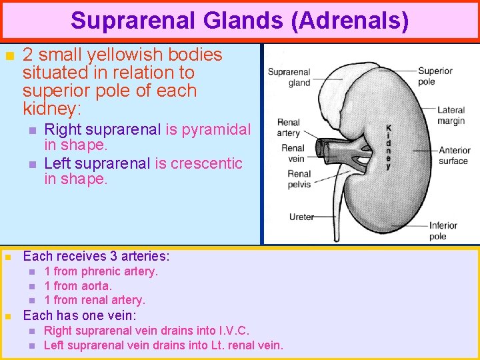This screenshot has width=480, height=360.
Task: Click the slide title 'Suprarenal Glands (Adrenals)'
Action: [x=240, y=20]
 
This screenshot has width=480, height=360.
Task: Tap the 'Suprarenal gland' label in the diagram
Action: [x=289, y=77]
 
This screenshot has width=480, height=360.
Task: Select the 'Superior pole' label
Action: [x=435, y=76]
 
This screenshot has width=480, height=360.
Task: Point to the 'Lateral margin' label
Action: [x=451, y=115]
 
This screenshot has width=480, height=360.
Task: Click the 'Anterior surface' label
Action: [x=454, y=155]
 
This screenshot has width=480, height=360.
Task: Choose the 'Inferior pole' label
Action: [x=443, y=231]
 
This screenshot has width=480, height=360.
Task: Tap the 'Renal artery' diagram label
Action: [x=289, y=127]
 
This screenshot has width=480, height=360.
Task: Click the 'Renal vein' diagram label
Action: [x=293, y=153]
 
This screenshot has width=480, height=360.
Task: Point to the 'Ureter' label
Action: [x=301, y=217]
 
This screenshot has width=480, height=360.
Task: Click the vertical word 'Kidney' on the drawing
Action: [x=389, y=147]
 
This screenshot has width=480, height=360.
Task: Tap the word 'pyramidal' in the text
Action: [x=216, y=129]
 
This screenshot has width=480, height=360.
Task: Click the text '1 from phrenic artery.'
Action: [x=101, y=271]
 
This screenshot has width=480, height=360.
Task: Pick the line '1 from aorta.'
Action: [x=78, y=286]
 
